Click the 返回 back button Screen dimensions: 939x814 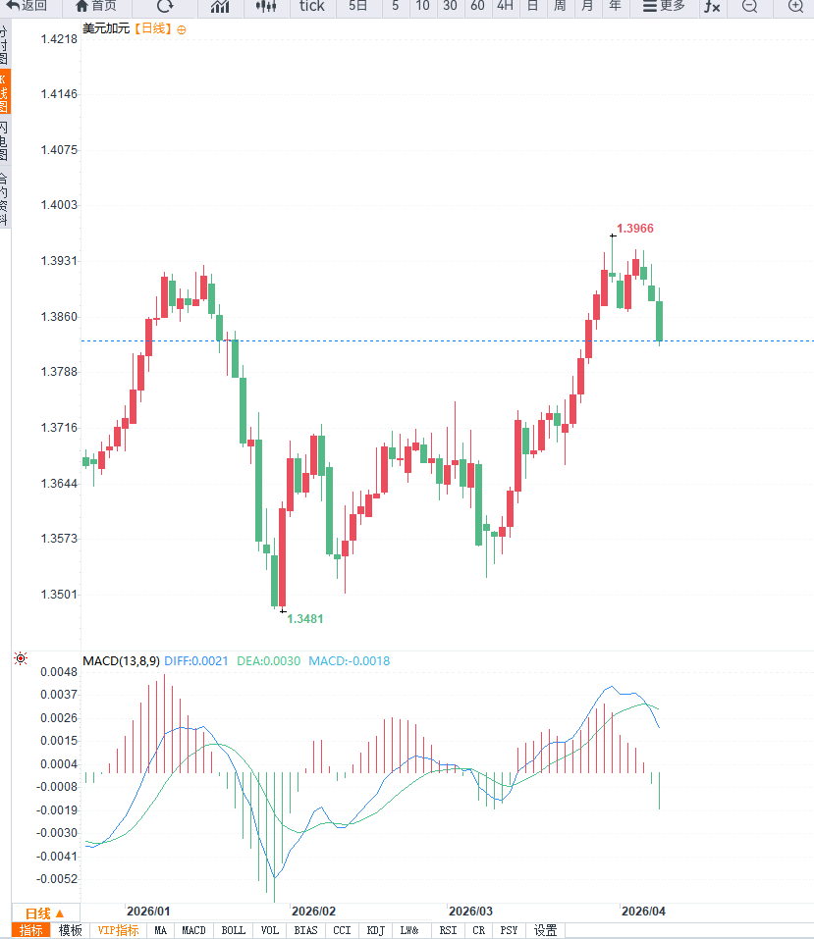(27, 6)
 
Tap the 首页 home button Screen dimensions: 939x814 (95, 6)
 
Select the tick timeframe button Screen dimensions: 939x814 (311, 6)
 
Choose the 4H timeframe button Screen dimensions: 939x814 (504, 6)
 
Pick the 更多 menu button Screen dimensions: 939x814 (664, 6)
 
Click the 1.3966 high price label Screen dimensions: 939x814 (634, 229)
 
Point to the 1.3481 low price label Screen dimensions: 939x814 (304, 619)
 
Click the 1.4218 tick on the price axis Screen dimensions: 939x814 (60, 39)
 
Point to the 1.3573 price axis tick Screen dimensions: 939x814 (60, 539)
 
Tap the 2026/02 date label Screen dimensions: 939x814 (314, 911)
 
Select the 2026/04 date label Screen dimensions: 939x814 (643, 911)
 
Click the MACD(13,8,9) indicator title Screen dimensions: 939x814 (121, 661)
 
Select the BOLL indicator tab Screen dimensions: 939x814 (234, 930)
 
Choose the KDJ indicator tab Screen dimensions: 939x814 (375, 930)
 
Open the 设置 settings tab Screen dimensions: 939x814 (545, 930)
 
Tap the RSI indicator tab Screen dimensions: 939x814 (448, 930)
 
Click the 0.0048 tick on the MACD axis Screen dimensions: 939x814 (60, 672)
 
